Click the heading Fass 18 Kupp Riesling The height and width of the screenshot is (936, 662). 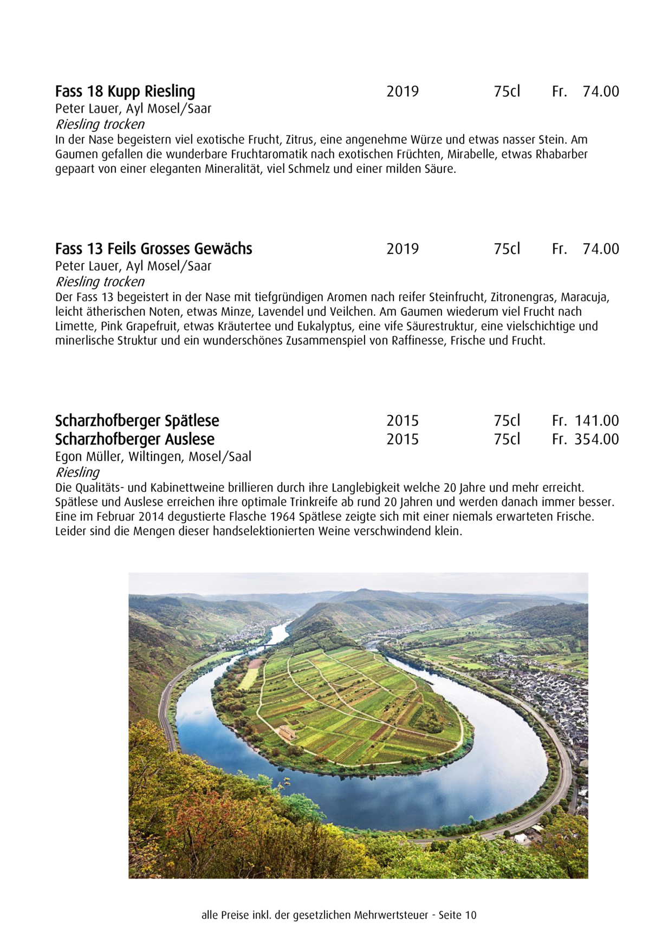point(125,92)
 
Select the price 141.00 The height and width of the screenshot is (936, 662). point(596,421)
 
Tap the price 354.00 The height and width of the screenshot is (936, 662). point(596,439)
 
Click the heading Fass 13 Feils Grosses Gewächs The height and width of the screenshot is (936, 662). point(154,249)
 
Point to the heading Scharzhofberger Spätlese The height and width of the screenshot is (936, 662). point(137,421)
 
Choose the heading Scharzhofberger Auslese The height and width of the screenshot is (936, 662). point(135,439)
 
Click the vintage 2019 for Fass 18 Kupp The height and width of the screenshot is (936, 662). point(403,92)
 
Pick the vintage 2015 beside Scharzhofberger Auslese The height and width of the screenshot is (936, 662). point(403,439)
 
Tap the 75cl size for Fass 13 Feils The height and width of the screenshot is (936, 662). point(507,249)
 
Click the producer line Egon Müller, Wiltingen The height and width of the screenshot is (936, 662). point(153,457)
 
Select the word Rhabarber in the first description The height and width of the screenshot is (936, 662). point(562,154)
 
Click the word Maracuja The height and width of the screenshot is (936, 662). point(585,297)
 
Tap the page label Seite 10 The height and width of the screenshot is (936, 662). point(458,915)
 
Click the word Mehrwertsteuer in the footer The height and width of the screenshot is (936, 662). point(391,915)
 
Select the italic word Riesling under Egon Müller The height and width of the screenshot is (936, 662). point(77,472)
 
